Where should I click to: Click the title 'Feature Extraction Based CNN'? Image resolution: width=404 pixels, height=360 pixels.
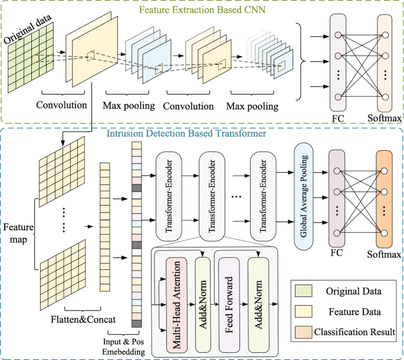[202, 9]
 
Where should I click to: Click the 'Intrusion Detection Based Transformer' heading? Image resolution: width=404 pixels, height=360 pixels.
[186, 133]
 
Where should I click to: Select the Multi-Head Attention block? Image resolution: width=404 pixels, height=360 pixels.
[176, 305]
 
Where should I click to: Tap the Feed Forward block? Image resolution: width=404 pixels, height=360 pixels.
[229, 305]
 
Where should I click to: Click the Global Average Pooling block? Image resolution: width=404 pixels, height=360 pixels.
[304, 196]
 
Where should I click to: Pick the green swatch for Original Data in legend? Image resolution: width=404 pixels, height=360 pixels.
[303, 291]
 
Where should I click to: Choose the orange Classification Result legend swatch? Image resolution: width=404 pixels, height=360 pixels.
[303, 332]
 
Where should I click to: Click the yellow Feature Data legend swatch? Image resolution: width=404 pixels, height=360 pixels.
[303, 311]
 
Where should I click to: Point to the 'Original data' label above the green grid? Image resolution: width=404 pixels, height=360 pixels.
[28, 28]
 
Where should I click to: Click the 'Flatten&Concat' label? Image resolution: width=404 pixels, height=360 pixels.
[83, 319]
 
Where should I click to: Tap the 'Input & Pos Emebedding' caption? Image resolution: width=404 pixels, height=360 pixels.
[123, 346]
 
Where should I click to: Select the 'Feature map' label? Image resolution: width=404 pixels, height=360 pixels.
[18, 233]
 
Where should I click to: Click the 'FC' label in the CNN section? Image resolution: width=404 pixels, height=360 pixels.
[338, 118]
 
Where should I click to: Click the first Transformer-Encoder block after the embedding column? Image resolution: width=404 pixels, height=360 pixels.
[169, 196]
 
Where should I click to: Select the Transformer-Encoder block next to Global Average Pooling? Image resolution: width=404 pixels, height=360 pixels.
[263, 196]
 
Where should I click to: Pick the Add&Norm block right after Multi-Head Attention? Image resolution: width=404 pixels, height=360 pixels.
[203, 305]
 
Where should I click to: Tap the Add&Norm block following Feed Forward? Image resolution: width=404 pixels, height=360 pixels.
[258, 305]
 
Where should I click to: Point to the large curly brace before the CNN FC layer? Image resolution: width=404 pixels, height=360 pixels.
[300, 61]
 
